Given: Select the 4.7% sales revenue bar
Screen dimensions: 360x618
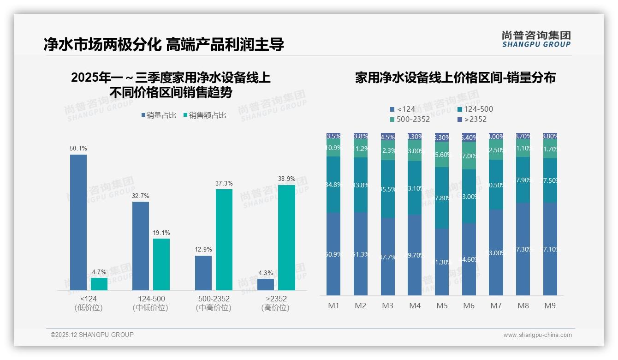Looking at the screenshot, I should (x=99, y=284).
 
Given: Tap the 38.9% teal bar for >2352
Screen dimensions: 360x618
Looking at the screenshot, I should (x=286, y=238).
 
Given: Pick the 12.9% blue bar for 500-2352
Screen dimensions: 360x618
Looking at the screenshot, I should (x=203, y=273).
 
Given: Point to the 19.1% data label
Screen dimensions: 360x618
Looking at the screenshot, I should (x=161, y=233).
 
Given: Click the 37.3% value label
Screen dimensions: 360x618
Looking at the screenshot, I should (x=224, y=184).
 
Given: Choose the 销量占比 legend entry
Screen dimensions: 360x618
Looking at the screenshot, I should (x=159, y=115).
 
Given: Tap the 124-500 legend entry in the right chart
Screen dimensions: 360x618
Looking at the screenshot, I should (x=476, y=109).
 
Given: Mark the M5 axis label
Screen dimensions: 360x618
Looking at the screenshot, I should (x=442, y=306).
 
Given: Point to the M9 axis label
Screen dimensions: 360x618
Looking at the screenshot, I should (x=550, y=306).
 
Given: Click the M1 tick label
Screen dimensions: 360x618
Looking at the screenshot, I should (x=333, y=306).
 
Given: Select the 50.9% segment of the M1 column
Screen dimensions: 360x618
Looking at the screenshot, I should (x=333, y=254).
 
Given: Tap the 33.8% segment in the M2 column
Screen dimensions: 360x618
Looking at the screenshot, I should (x=361, y=185).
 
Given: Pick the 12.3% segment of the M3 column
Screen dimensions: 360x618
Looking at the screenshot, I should (x=388, y=150).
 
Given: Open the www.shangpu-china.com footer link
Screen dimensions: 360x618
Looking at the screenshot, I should (x=537, y=335).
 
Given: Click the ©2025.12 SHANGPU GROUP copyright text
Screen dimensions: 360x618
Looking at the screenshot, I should (x=92, y=335).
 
